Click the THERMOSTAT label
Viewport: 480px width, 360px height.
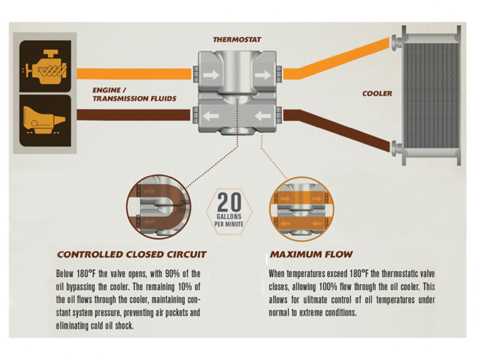point(237,39)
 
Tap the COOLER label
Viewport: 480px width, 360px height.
point(377,93)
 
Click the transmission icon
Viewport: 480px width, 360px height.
point(45,120)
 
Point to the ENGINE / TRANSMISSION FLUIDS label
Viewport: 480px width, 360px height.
point(134,94)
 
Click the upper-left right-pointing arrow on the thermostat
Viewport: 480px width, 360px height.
point(211,75)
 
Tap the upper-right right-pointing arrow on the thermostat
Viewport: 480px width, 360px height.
point(262,75)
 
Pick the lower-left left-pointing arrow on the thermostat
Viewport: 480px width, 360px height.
point(211,116)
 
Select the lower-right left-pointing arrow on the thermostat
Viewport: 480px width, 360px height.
point(262,116)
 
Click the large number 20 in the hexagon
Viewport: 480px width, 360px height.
point(229,203)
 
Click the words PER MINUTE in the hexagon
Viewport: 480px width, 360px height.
point(229,224)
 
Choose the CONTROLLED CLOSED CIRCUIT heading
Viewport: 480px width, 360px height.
point(132,255)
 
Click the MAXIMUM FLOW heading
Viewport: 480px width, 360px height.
point(311,254)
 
